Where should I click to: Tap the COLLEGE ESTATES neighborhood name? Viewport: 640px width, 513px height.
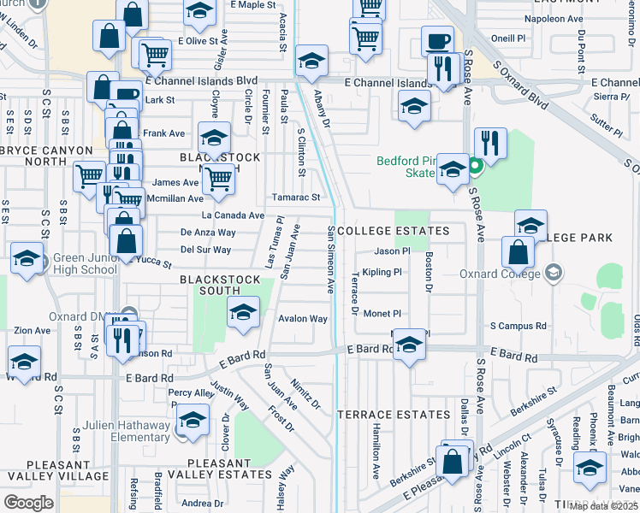pyautogui.click(x=394, y=232)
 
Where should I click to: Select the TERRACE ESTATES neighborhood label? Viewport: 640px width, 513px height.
pyautogui.click(x=394, y=415)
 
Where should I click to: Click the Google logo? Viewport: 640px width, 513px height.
pyautogui.click(x=28, y=502)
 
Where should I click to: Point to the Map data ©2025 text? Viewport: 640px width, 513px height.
pyautogui.click(x=604, y=506)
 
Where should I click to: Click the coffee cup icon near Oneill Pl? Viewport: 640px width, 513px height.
pyautogui.click(x=437, y=41)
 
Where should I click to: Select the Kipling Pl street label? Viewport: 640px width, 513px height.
pyautogui.click(x=382, y=273)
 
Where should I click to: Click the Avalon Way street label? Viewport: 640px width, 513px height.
pyautogui.click(x=303, y=319)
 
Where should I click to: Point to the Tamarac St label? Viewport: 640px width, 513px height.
pyautogui.click(x=296, y=198)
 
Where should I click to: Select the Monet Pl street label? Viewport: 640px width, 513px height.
pyautogui.click(x=382, y=314)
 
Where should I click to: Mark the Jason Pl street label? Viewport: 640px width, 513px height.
pyautogui.click(x=392, y=251)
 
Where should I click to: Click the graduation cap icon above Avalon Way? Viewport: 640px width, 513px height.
pyautogui.click(x=243, y=313)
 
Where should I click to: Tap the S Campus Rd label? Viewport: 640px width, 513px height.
pyautogui.click(x=518, y=327)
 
